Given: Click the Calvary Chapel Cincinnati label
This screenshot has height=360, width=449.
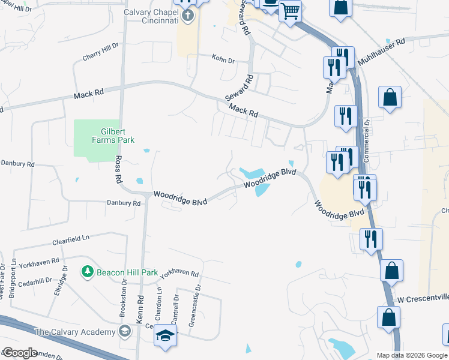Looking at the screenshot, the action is [x=151, y=16].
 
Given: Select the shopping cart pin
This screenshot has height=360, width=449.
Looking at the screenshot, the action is [x=290, y=10].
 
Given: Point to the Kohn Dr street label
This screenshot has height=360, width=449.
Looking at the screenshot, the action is [x=223, y=58].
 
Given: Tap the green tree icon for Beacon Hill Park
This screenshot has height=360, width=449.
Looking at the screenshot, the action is [x=88, y=272].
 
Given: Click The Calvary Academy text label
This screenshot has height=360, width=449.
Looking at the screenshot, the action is [x=75, y=332].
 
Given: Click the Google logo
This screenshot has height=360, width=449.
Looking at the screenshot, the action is [x=20, y=353].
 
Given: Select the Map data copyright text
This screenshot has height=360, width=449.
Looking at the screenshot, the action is [x=411, y=355].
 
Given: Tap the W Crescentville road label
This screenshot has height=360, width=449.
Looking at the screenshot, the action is [x=423, y=299].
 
